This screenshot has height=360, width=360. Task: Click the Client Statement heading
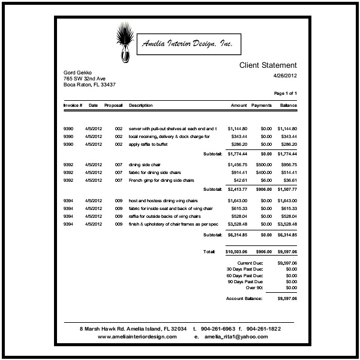tap(268, 65)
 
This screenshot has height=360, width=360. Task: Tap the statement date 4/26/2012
tap(285, 76)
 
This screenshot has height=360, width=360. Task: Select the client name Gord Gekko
tap(78, 73)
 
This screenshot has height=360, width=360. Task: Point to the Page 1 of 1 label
tap(286, 94)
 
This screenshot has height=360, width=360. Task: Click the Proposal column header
tap(113, 106)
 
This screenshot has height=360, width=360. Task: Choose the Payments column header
tap(262, 106)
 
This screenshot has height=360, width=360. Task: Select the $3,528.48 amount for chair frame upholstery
tap(237, 224)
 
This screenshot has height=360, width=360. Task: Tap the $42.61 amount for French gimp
tap(241, 180)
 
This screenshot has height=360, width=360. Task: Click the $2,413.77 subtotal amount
tap(237, 190)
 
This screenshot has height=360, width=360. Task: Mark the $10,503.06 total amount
tap(236, 252)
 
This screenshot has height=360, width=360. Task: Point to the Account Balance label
tap(244, 298)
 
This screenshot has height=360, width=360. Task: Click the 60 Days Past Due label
tap(249, 275)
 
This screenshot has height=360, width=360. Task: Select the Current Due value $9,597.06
tap(287, 263)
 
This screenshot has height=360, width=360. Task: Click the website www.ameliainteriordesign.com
tap(137, 337)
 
